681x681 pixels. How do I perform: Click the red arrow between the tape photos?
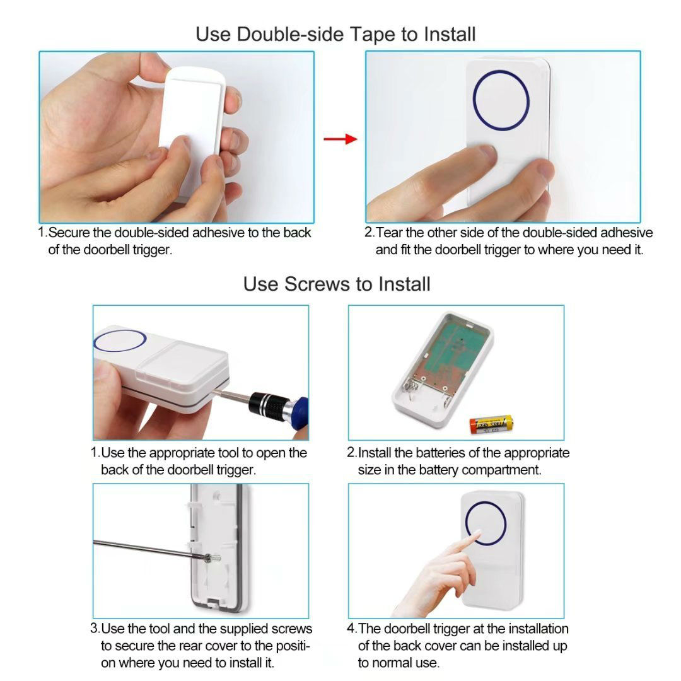(x=340, y=139)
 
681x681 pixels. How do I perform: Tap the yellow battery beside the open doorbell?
(x=491, y=424)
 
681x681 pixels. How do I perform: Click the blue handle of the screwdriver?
(x=299, y=412)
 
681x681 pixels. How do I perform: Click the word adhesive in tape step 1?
(x=218, y=233)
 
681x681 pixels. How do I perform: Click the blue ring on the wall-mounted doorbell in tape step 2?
(x=501, y=100)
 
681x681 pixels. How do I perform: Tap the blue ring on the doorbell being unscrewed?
(x=120, y=341)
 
